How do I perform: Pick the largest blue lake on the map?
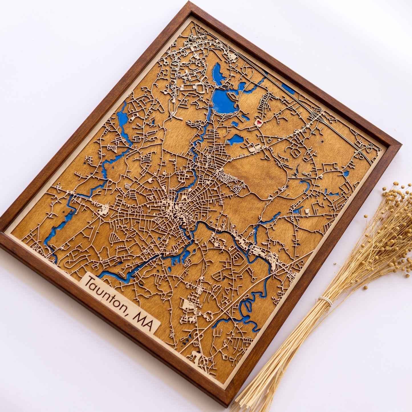click(x=224, y=101)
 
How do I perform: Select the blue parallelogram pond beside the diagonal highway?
click(x=288, y=89)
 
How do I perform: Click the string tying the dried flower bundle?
click(x=325, y=301)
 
